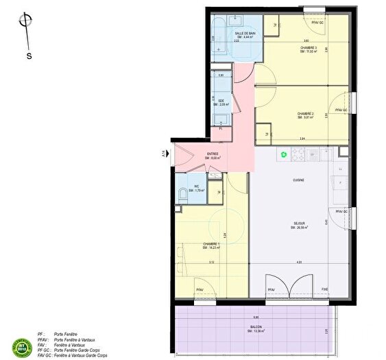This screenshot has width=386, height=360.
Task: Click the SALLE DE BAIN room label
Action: point(245,33)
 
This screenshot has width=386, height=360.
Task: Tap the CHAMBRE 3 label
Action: point(306,48)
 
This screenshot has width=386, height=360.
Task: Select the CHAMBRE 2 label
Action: point(305,113)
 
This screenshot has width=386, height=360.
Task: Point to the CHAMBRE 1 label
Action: point(210,243)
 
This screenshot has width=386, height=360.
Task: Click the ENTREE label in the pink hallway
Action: point(213,154)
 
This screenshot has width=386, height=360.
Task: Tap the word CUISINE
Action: point(298,180)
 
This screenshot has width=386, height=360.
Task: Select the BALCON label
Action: point(255,327)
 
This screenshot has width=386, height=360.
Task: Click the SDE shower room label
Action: point(221,101)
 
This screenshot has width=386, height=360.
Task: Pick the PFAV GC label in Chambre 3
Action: point(317,23)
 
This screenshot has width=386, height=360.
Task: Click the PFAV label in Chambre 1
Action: point(199,289)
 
